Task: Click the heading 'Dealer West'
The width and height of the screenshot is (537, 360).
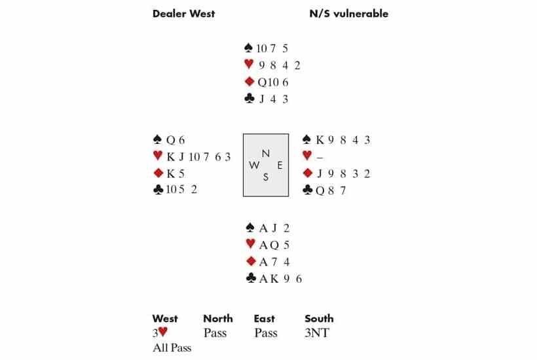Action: coord(183,13)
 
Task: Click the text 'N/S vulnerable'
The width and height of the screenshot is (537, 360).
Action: coord(348,13)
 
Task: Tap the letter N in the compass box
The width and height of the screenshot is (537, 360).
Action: coord(265,153)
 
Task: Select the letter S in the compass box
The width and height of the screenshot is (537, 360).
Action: coord(265,177)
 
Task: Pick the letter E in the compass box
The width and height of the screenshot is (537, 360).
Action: coord(280,166)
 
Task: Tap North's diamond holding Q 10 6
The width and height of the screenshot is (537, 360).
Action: coord(273,82)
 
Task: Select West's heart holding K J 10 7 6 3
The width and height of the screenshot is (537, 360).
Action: coord(198,156)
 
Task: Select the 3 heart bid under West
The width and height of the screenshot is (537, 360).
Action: coord(159,333)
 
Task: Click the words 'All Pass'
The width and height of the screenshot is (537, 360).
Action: coord(172,348)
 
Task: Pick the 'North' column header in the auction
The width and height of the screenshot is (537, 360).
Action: coord(217,319)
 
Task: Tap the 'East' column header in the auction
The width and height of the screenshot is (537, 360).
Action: coord(264,319)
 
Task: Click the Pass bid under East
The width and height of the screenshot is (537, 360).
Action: coord(265,333)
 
